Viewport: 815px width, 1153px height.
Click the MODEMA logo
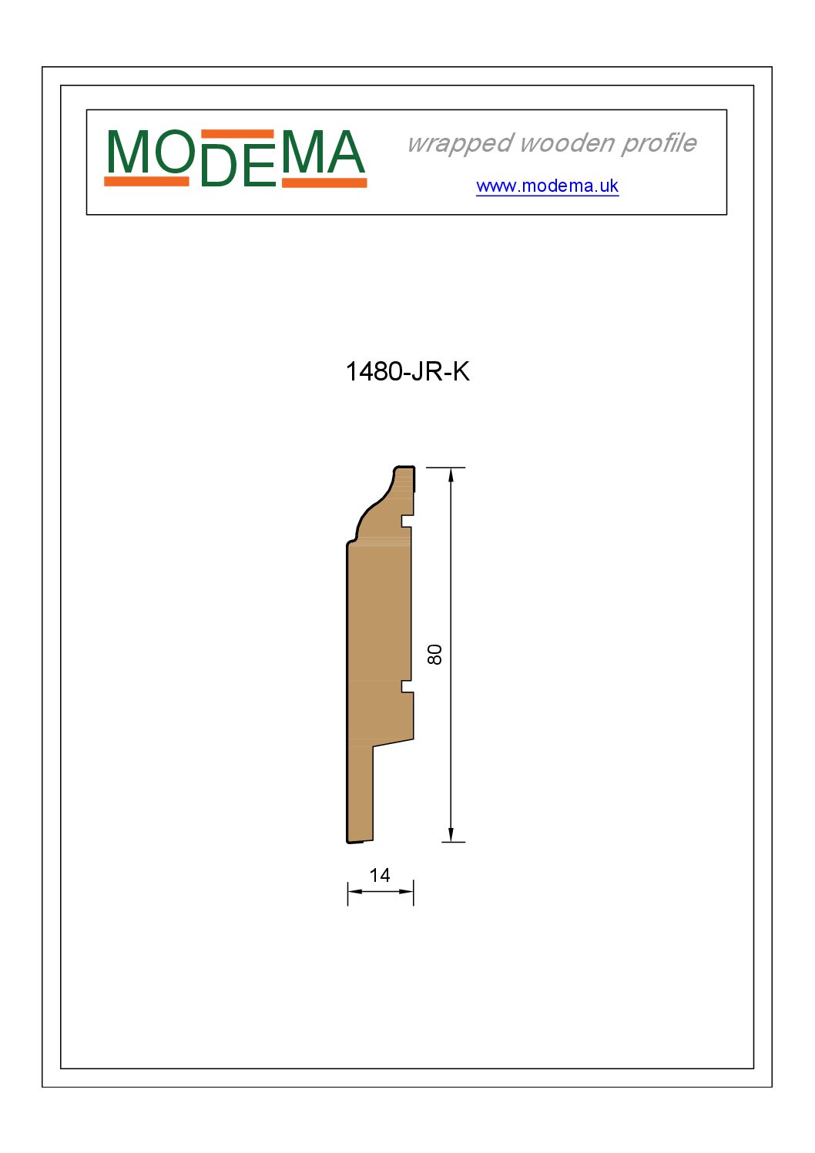tap(235, 158)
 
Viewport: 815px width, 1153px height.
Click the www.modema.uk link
tap(547, 186)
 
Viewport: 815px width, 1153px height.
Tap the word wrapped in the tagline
tap(461, 143)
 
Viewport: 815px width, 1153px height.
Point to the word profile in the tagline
tap(659, 143)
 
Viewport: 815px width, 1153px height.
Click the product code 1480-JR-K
tap(407, 371)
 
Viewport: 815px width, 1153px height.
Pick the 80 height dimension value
tap(434, 655)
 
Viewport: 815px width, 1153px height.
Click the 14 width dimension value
tap(380, 875)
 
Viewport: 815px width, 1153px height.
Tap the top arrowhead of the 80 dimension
tap(451, 474)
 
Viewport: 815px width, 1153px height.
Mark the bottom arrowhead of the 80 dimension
tap(451, 835)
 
